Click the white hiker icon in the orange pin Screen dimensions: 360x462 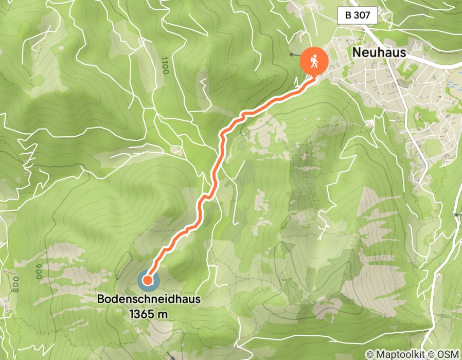point(314,61)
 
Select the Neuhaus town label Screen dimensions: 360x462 point(380,52)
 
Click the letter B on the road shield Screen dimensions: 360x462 point(349,15)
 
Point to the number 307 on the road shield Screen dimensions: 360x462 point(362,15)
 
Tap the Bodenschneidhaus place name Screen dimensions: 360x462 point(149,299)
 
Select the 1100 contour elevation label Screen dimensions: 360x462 point(165,66)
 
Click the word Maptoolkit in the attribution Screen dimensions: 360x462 point(400,354)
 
